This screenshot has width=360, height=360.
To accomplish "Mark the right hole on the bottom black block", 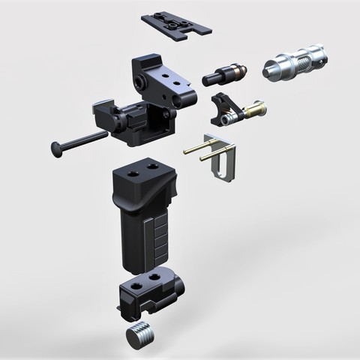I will click(x=158, y=277).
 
